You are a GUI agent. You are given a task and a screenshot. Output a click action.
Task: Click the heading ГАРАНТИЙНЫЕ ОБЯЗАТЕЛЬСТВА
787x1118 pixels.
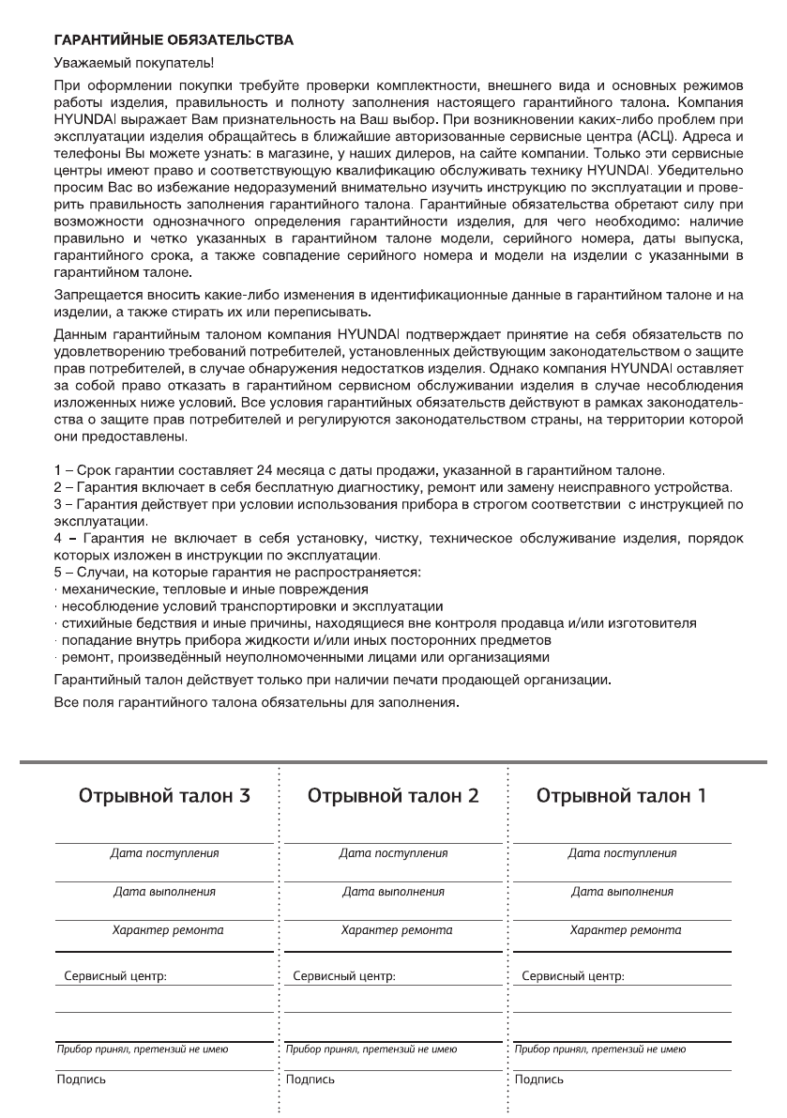(x=174, y=40)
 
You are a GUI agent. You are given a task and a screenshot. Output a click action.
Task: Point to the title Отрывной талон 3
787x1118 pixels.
(x=164, y=796)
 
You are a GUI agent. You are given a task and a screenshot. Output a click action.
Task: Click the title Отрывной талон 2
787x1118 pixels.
(x=393, y=796)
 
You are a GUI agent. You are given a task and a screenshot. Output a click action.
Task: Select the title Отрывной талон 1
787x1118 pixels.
(x=622, y=796)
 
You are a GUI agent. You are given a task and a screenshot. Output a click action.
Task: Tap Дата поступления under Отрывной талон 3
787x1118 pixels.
(x=164, y=853)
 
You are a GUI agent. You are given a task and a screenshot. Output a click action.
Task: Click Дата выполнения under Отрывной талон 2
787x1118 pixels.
(x=393, y=892)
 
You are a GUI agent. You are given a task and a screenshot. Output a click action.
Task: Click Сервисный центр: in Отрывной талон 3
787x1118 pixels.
(x=115, y=976)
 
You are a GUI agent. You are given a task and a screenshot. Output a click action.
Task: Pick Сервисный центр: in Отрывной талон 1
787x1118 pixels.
(x=573, y=976)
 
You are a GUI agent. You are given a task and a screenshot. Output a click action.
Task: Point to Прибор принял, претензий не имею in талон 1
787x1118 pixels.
(x=600, y=1049)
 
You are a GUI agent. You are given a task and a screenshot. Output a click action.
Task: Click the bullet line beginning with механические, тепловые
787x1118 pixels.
(x=211, y=590)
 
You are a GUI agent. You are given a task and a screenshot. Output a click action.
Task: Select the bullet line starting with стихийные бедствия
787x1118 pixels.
(x=375, y=623)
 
